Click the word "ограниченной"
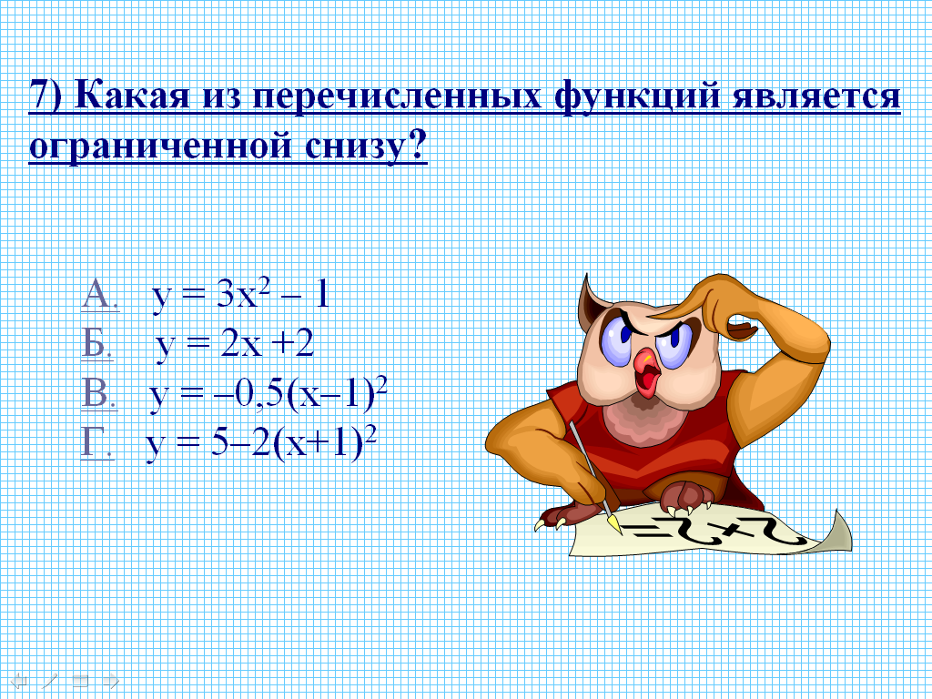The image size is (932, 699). pos(160,147)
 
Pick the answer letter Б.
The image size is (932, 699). pos(96,343)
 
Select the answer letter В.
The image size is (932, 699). pos(98,393)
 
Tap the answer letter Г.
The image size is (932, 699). pos(96,442)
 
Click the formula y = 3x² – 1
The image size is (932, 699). pos(240,295)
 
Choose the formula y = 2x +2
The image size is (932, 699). pos(236,345)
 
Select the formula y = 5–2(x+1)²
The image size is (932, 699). pos(262,444)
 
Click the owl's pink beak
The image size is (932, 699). pos(647,371)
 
